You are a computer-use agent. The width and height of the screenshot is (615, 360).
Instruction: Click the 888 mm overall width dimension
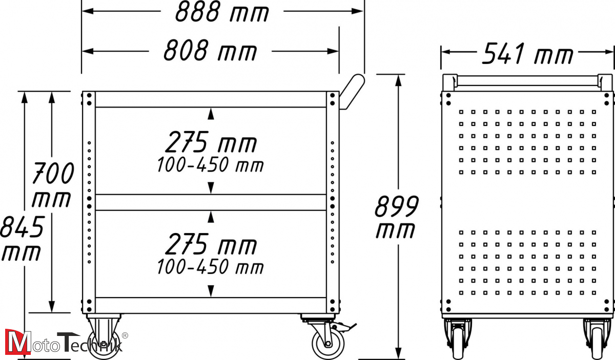pyautogui.click(x=222, y=12)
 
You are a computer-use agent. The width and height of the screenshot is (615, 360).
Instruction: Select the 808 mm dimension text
pyautogui.click(x=210, y=51)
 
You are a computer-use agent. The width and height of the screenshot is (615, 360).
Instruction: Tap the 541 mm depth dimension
pyautogui.click(x=528, y=53)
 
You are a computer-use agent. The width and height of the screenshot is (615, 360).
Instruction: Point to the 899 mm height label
pyautogui.click(x=397, y=217)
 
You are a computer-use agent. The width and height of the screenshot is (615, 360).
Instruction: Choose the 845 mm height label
pyautogui.click(x=22, y=238)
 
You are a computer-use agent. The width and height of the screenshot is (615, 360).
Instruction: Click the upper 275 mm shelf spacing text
pyautogui.click(x=211, y=142)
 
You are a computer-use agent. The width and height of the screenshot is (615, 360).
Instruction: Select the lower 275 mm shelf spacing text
pyautogui.click(x=211, y=244)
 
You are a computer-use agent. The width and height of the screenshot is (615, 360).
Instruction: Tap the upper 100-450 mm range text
pyautogui.click(x=210, y=165)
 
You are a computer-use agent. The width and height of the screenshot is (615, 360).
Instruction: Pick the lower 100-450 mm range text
pyautogui.click(x=210, y=267)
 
